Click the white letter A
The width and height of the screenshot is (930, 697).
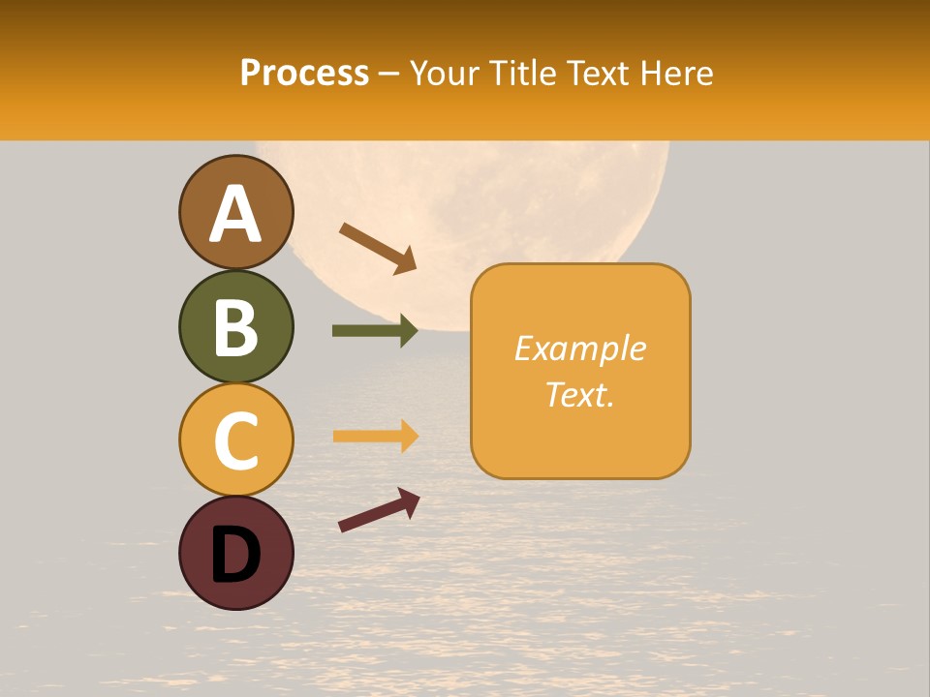(x=235, y=213)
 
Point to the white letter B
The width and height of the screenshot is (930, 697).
(x=235, y=327)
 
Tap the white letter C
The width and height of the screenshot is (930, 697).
(x=235, y=440)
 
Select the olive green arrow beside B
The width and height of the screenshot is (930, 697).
(x=374, y=331)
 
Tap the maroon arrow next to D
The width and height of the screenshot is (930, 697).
(x=379, y=509)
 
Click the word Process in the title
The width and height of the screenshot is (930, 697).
(x=304, y=74)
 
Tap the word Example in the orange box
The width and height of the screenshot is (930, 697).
(x=579, y=348)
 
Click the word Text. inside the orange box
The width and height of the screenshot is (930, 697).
(x=579, y=394)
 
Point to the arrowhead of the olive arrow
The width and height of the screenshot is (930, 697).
(x=408, y=331)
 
